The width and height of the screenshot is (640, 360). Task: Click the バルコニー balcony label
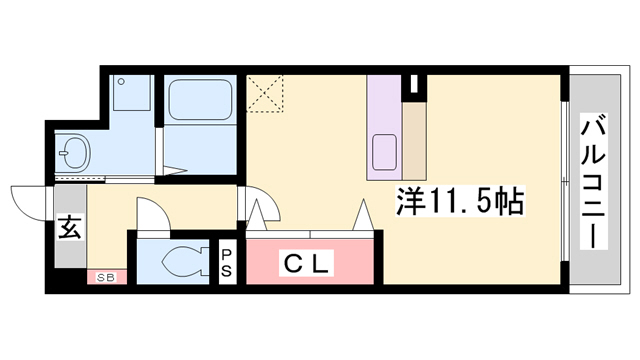593,181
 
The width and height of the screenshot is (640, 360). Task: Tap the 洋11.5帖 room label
460,201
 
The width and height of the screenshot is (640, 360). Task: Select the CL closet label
306,264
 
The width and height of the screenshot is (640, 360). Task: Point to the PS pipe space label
227,262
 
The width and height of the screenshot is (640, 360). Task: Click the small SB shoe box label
106,278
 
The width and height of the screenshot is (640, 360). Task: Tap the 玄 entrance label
70,227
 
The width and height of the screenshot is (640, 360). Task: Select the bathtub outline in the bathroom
200,99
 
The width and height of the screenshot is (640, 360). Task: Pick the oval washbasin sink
73,153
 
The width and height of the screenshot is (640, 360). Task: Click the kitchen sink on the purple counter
384,152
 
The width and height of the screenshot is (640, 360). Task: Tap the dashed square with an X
265,93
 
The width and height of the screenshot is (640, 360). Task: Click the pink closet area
310,262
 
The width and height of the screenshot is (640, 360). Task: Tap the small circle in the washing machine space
121,81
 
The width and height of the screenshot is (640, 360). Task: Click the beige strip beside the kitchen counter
415,141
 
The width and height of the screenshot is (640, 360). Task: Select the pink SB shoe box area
107,277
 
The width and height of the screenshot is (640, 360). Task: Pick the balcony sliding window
565,181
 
